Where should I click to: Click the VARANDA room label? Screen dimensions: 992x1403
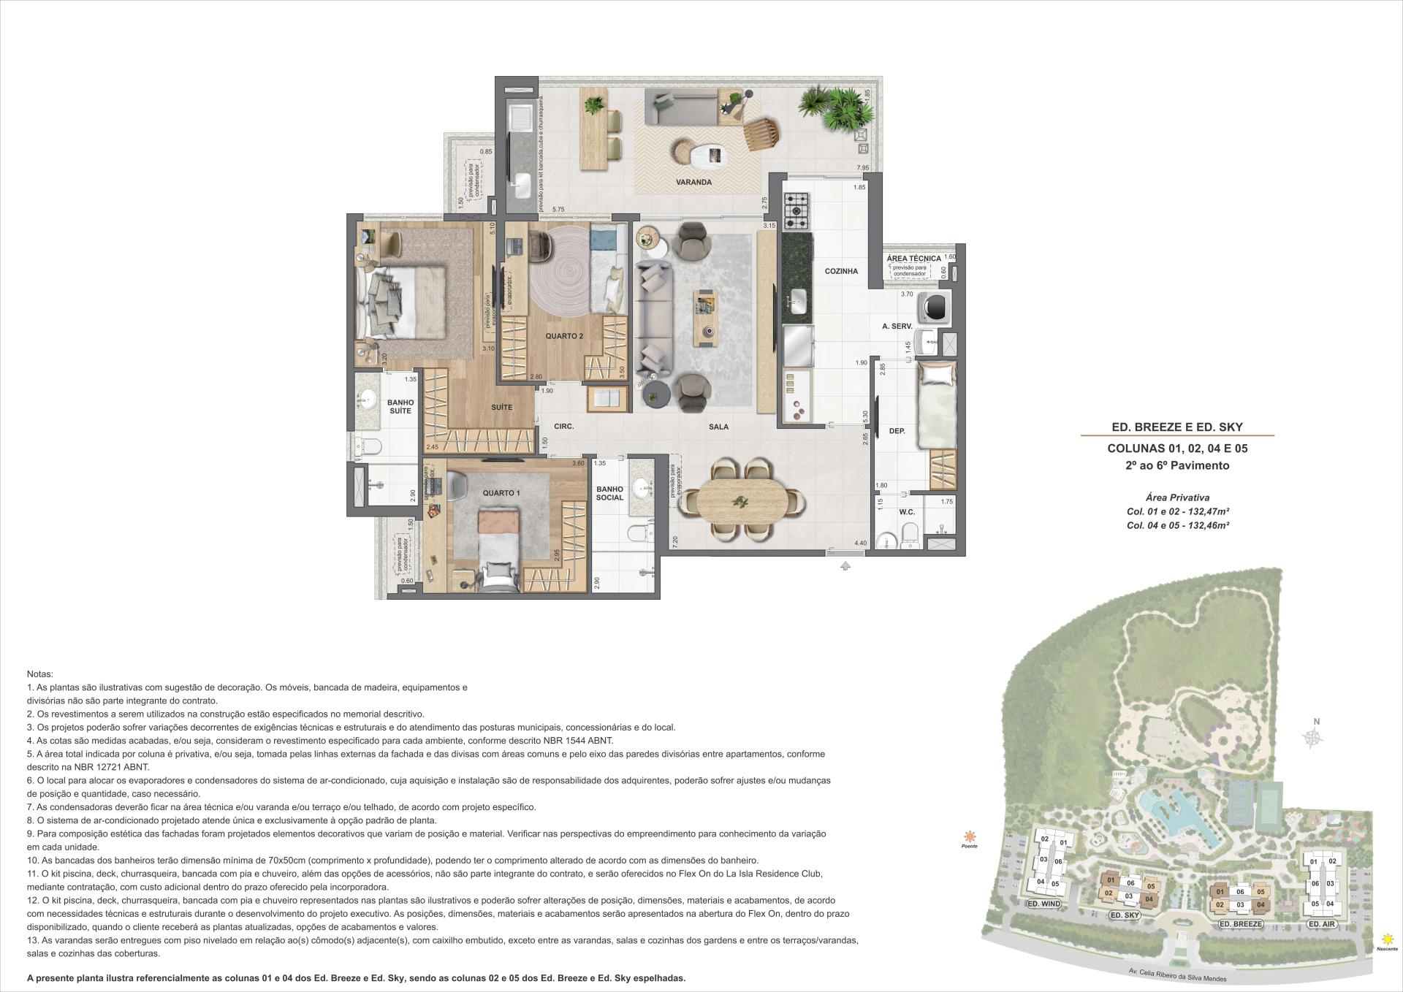tap(693, 182)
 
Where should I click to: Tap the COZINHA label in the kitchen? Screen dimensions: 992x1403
tap(841, 271)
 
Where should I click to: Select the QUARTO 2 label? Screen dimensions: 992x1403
tap(564, 336)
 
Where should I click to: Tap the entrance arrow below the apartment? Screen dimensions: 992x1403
tap(845, 565)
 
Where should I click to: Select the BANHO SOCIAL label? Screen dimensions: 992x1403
tap(609, 493)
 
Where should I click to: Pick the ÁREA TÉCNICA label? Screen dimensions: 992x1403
tap(913, 259)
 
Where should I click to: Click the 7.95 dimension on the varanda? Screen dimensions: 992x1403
tap(863, 168)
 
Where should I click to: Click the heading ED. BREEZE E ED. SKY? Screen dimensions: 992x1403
tap(1177, 427)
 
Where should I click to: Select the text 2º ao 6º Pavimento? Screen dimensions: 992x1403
tap(1177, 465)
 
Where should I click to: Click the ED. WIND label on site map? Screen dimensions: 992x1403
tap(1043, 904)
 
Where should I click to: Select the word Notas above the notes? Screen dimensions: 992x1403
tap(40, 674)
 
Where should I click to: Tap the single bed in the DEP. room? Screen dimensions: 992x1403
tap(937, 406)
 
